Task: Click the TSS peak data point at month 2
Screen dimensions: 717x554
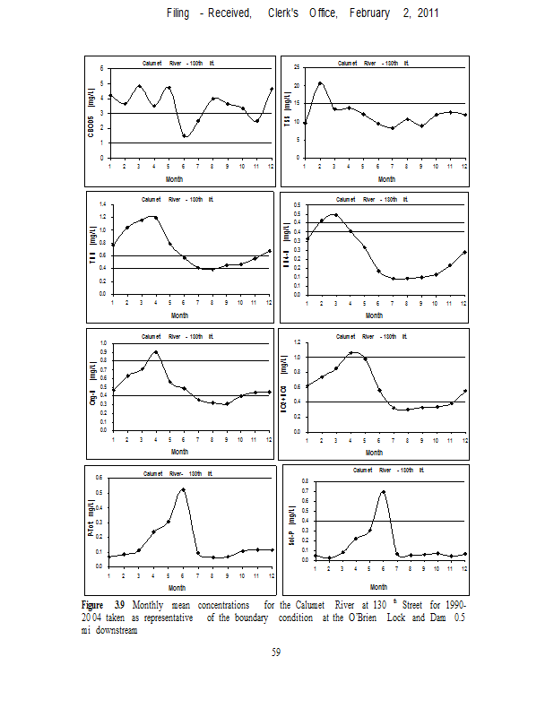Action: tap(321, 83)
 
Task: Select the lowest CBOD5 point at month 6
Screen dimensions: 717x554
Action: tap(184, 135)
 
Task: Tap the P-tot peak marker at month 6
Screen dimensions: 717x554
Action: tap(183, 490)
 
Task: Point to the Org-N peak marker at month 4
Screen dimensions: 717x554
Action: tap(156, 352)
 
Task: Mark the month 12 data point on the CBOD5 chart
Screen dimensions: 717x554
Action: tap(271, 89)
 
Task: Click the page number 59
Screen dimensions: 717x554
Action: tap(277, 652)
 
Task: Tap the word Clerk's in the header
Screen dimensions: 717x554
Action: tap(287, 15)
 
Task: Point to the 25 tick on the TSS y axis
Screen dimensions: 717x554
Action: tap(296, 68)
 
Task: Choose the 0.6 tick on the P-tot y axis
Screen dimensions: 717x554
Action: tap(100, 478)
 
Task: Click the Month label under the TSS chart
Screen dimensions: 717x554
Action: tap(386, 178)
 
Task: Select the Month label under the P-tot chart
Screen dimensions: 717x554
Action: tap(177, 588)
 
